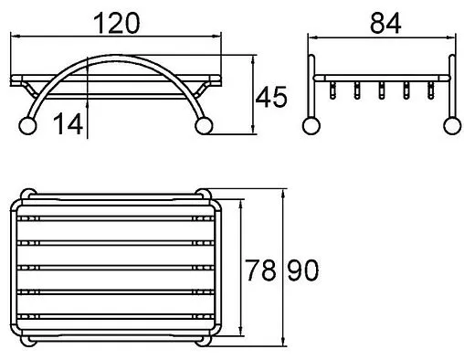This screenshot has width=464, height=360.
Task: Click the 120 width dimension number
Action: coord(117,23)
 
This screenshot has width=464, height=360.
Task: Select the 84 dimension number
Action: coord(385,24)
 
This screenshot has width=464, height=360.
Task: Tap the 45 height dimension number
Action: coord(271,97)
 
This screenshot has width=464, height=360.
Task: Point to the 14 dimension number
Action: coord(68,123)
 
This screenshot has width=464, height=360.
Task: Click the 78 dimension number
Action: coord(260,270)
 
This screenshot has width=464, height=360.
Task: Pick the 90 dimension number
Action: coord(303,270)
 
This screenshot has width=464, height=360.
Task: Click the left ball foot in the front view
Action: coord(27,126)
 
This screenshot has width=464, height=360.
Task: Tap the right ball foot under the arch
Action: coord(204,126)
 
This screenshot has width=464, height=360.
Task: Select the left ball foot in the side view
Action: coord(311,126)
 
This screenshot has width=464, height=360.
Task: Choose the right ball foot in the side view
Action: coord(452,126)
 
